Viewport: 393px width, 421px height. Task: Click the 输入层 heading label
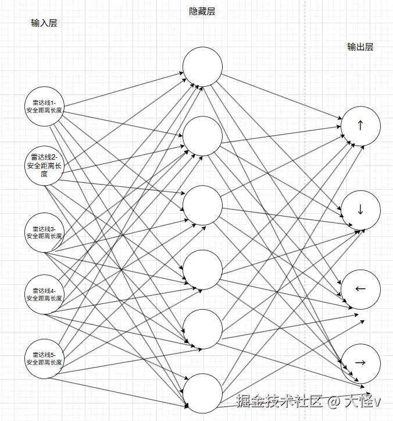point(44,23)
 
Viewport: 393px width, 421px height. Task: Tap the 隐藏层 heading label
point(202,12)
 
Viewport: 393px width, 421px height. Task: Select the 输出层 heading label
point(360,47)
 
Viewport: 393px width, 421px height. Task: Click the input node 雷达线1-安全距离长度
point(44,107)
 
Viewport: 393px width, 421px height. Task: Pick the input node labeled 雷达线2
point(44,165)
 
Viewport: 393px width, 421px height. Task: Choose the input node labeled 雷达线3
point(44,232)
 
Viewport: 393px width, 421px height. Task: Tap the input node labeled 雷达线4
point(44,294)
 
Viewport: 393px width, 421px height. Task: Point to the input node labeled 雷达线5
point(44,359)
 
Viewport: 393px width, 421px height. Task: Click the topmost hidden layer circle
point(202,66)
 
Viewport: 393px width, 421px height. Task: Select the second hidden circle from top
point(202,136)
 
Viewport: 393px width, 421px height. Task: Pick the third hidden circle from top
point(202,205)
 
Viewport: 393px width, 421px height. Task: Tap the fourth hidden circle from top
point(202,270)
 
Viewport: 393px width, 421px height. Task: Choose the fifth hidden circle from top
point(202,329)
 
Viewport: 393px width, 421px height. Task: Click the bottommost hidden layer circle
point(202,394)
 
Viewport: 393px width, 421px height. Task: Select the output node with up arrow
point(360,126)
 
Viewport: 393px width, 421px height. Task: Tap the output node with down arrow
point(360,210)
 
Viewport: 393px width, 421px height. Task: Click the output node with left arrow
point(360,289)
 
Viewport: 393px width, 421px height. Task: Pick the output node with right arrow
point(360,363)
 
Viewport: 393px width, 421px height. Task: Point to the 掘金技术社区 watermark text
point(279,401)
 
